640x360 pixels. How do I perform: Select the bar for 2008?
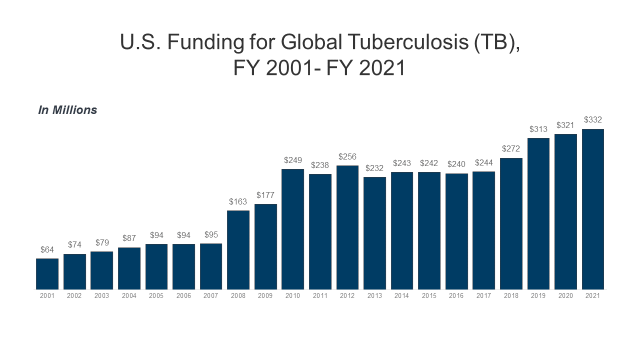[238, 250]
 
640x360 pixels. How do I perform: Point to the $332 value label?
[592, 120]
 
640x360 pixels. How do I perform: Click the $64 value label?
[47, 249]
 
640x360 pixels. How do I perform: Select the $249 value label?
[292, 160]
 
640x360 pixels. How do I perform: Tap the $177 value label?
[265, 195]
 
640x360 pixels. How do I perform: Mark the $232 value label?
[374, 168]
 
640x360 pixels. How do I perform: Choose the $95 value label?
[211, 234]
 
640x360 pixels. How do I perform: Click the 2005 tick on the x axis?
[156, 296]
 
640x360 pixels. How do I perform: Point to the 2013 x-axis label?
[374, 296]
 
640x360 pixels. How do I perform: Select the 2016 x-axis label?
[456, 296]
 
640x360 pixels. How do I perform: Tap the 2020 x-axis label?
[565, 296]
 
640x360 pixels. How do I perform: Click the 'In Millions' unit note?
[67, 110]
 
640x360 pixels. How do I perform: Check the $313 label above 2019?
[538, 129]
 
